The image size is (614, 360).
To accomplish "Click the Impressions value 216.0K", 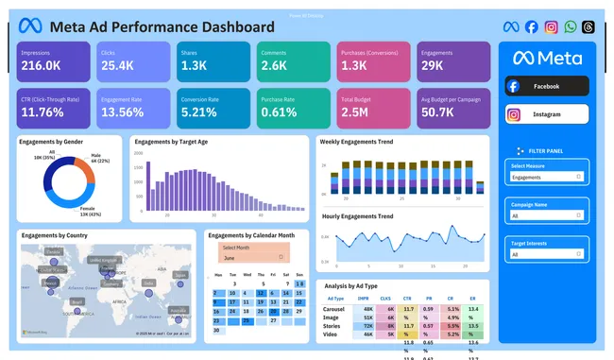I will tap(43, 66).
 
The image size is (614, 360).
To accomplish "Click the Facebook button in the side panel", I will tap(547, 86).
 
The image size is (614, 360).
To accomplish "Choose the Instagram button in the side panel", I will tap(547, 115).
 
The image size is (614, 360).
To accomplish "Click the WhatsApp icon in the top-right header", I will tap(570, 27).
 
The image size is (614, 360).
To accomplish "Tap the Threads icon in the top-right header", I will tap(588, 27).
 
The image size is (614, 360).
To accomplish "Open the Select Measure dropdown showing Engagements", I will tap(547, 177).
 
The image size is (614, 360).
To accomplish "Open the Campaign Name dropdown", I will tap(547, 215).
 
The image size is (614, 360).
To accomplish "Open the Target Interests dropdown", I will tap(547, 253).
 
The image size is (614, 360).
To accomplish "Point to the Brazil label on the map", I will tap(77, 301).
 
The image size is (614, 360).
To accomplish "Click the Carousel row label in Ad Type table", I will tap(333, 308).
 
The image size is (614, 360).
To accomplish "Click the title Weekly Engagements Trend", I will tap(357, 141).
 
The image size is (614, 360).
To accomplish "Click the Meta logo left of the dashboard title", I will tap(32, 26).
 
